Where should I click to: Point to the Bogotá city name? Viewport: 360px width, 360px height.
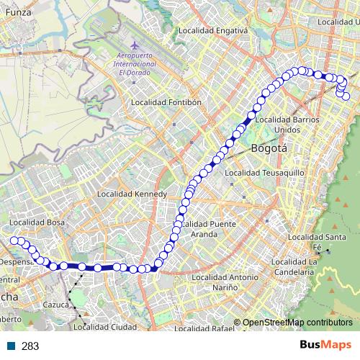click(269, 148)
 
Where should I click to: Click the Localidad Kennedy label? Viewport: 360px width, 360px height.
click(132, 194)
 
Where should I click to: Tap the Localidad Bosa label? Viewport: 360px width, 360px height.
click(37, 222)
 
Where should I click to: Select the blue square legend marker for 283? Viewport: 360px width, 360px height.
click(9, 346)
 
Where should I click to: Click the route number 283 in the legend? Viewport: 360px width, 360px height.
click(30, 346)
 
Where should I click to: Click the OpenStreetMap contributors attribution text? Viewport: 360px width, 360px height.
click(297, 323)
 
